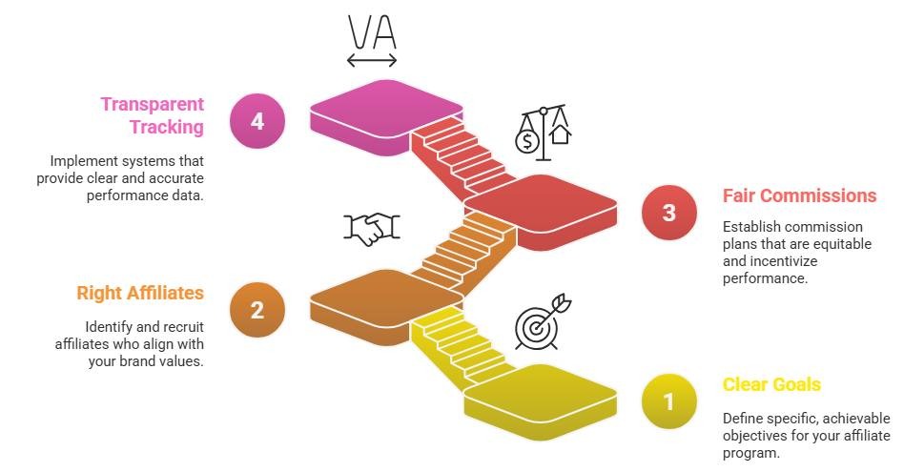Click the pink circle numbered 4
(x=257, y=121)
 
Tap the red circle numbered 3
(x=668, y=212)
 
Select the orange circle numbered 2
(x=257, y=310)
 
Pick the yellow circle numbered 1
(x=668, y=401)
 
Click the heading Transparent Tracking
(x=152, y=115)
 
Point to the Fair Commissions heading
(x=800, y=195)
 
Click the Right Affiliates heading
(x=140, y=293)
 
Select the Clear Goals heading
(x=771, y=385)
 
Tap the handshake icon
(x=372, y=229)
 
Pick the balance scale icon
(x=544, y=133)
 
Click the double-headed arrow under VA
(x=372, y=59)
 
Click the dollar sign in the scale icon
(x=526, y=142)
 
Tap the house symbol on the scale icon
(x=560, y=135)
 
